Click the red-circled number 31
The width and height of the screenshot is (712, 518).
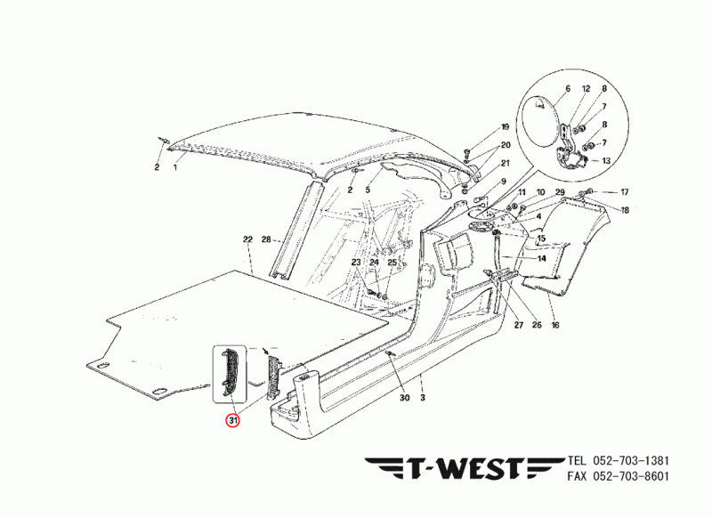232,419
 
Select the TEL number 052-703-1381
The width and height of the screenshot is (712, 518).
628,461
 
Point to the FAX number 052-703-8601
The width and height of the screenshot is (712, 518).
628,478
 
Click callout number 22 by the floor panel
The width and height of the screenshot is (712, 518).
247,239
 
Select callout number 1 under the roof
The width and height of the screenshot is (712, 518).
175,166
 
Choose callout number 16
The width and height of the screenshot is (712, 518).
554,325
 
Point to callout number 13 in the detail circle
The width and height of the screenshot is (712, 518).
605,161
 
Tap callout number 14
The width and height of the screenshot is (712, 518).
541,258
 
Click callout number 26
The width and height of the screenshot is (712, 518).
537,325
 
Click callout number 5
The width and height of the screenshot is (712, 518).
367,190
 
